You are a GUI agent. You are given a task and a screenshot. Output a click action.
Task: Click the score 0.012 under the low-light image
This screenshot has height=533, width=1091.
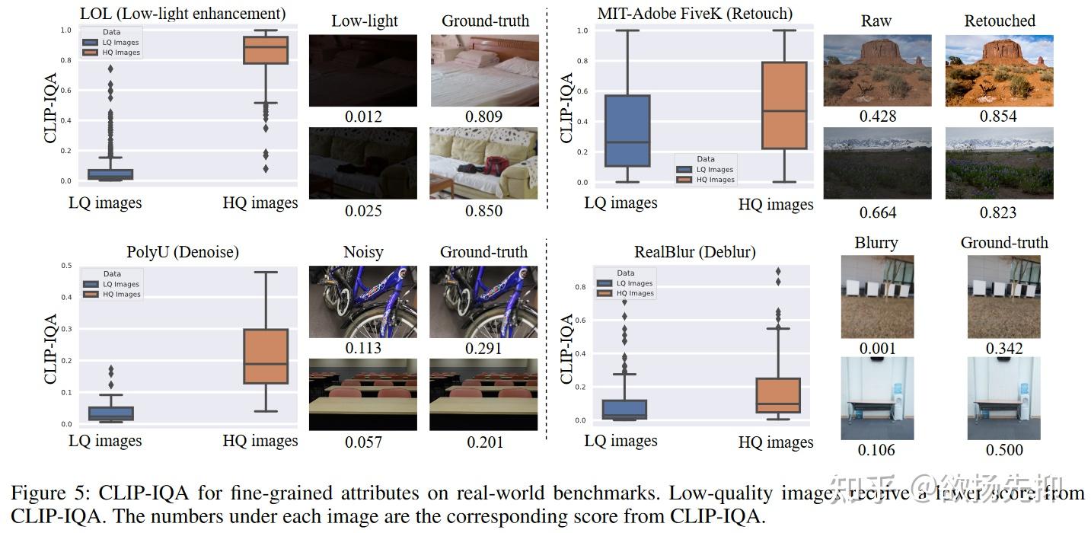(x=363, y=116)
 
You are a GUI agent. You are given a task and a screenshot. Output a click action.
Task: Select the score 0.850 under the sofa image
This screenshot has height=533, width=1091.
(x=483, y=211)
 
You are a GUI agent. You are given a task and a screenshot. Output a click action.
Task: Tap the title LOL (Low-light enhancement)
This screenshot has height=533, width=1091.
(x=183, y=14)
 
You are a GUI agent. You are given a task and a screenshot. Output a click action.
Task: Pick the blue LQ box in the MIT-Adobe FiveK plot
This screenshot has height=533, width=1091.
(x=627, y=131)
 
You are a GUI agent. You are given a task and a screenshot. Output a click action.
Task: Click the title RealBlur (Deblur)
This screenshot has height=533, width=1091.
(x=695, y=252)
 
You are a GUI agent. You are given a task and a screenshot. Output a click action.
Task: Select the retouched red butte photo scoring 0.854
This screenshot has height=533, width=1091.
(x=999, y=71)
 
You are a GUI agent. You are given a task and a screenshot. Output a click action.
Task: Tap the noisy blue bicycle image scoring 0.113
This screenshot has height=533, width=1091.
(x=363, y=302)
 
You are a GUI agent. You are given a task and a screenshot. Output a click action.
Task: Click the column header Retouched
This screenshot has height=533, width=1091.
(x=1000, y=21)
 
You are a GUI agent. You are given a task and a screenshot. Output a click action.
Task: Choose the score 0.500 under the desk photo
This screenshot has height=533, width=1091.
(x=1004, y=450)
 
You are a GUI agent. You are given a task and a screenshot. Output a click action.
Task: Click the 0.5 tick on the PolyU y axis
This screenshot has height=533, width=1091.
(x=65, y=266)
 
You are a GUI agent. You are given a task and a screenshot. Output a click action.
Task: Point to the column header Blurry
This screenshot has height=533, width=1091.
(x=876, y=243)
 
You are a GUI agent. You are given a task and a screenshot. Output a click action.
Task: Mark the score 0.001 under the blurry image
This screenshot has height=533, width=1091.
(x=877, y=348)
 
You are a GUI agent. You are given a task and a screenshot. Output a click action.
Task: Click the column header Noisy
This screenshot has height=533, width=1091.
(x=363, y=252)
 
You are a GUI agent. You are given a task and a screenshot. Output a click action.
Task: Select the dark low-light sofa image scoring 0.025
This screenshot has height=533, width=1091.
(x=363, y=163)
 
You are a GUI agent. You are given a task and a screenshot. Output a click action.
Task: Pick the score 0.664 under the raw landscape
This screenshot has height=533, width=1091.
(x=877, y=212)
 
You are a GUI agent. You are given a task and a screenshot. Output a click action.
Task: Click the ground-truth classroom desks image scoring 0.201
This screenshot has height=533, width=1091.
(x=483, y=394)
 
